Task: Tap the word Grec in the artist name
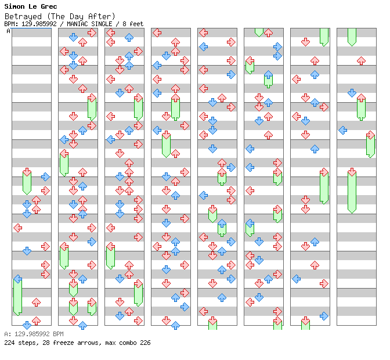pyautogui.click(x=49, y=6)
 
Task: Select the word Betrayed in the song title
pyautogui.click(x=23, y=17)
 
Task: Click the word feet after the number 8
pyautogui.click(x=136, y=24)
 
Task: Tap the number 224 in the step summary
pyautogui.click(x=9, y=343)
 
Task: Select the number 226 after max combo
pyautogui.click(x=145, y=343)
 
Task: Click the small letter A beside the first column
pyautogui.click(x=8, y=31)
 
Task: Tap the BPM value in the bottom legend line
pyautogui.click(x=34, y=334)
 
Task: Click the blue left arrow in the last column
pyautogui.click(x=343, y=130)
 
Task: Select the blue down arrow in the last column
pyautogui.click(x=352, y=93)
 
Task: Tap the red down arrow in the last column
pyautogui.click(x=352, y=172)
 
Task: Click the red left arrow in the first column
pyautogui.click(x=17, y=228)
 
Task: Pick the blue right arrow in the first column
pyautogui.click(x=45, y=177)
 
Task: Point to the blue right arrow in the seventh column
pyautogui.click(x=324, y=316)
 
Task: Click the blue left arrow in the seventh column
pyautogui.click(x=296, y=279)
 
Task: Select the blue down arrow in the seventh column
pyautogui.click(x=305, y=121)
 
